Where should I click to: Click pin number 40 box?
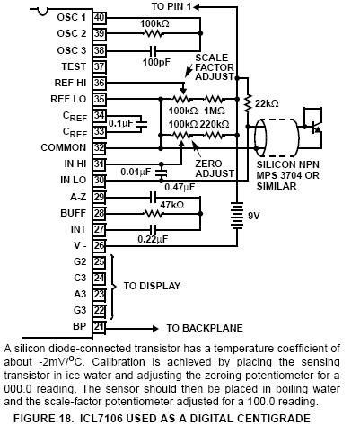pos(100,18)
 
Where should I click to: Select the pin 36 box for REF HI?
pos(100,83)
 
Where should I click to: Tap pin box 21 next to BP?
pos(100,326)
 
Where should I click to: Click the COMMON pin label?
pos(64,147)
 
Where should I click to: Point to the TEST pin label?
pos(74,66)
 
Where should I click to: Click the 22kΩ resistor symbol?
pos(248,103)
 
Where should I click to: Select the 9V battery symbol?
pos(237,216)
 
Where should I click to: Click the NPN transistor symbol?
pos(313,127)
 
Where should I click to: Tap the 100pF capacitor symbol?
pos(153,50)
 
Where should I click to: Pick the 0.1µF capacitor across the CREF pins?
pos(142,123)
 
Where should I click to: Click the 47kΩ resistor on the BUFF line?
pos(154,214)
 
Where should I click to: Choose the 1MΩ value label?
pos(215,111)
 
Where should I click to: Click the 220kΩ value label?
pos(215,124)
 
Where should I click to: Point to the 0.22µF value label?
pos(153,239)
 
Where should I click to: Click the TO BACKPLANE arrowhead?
pos(155,329)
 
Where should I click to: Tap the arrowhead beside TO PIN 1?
pos(197,6)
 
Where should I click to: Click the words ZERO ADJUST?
pos(215,169)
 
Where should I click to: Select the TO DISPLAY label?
pos(152,286)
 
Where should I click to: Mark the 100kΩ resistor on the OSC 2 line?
pos(154,33)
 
